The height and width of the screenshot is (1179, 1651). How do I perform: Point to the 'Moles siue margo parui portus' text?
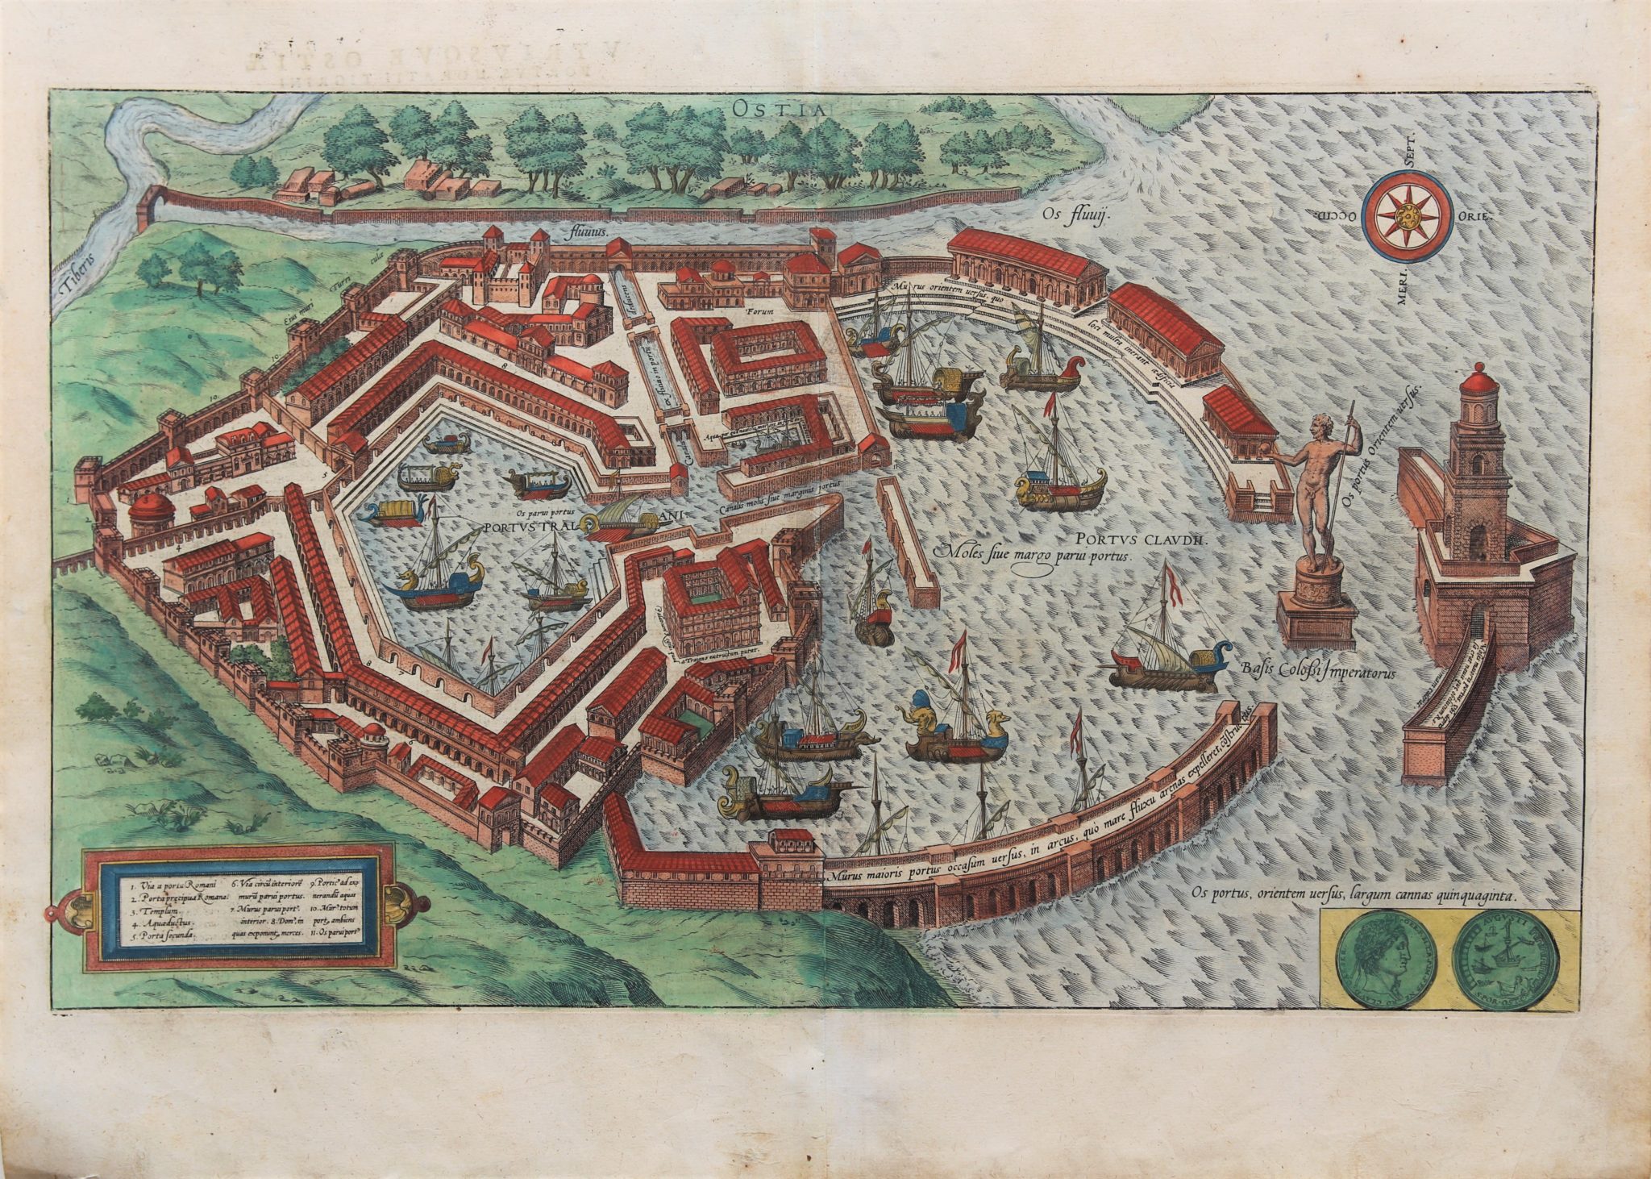coord(1033,555)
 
